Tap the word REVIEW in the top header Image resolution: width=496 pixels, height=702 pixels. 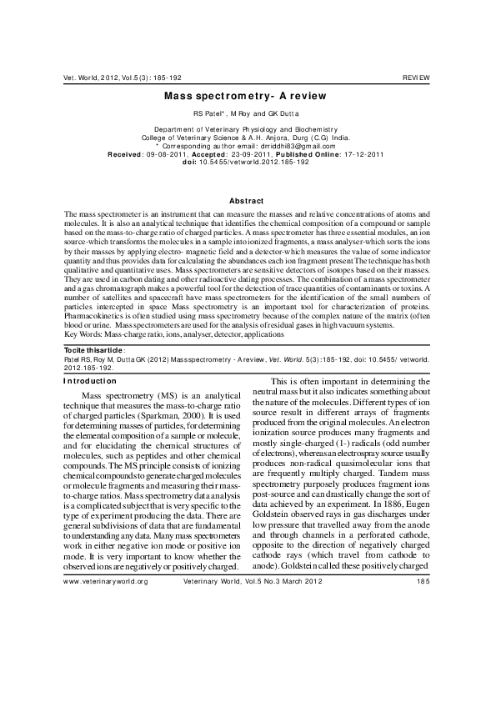point(416,77)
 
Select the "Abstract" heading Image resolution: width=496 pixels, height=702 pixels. point(246,201)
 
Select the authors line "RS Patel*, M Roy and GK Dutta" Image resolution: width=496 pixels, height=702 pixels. point(247,113)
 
